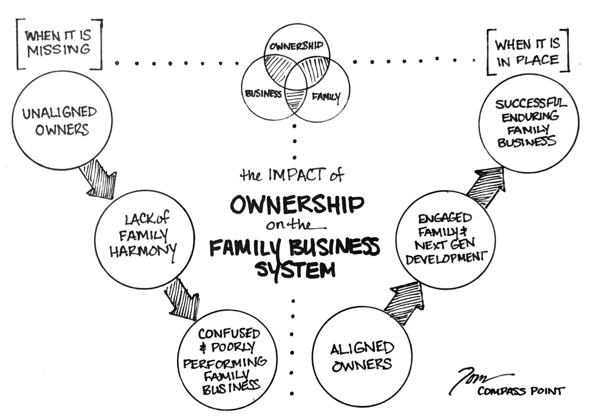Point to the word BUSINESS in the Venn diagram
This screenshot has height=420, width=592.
point(263,94)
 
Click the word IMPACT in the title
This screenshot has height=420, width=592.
point(295,174)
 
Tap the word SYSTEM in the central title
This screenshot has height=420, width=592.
point(296,270)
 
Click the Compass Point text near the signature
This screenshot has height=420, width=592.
point(519,391)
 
